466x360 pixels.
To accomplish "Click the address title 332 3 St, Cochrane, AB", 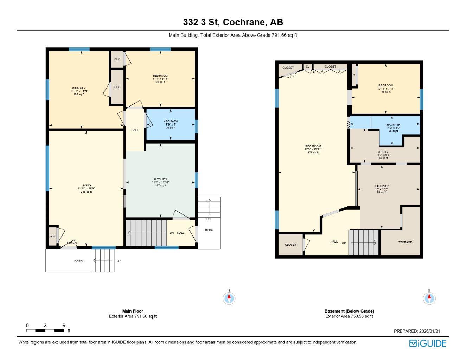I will [233, 22].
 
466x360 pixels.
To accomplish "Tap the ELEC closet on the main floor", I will [52, 236].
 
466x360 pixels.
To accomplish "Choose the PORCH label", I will [79, 261].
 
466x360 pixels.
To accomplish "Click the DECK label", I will [209, 230].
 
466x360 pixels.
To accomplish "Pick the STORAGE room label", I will [405, 242].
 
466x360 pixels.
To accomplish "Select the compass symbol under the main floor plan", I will [229, 298].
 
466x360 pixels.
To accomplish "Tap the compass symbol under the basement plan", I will [429, 298].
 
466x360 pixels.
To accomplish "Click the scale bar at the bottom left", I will [45, 330].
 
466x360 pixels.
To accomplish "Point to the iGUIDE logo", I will [428, 343].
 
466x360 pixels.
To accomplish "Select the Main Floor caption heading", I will [133, 311].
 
